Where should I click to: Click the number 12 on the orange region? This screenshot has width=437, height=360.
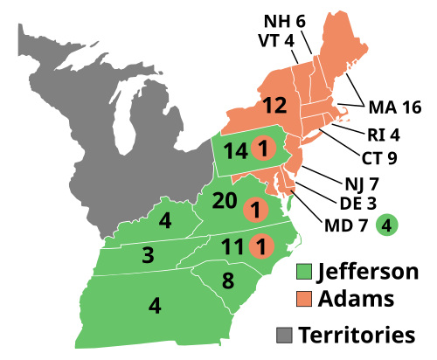pyautogui.click(x=274, y=107)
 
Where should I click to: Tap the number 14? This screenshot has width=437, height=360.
pyautogui.click(x=234, y=151)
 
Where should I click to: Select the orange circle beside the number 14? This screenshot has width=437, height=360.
pyautogui.click(x=261, y=149)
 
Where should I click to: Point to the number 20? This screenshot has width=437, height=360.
pyautogui.click(x=225, y=201)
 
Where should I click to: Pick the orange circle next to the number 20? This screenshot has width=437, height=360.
pyautogui.click(x=255, y=210)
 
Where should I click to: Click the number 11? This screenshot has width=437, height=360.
pyautogui.click(x=232, y=247)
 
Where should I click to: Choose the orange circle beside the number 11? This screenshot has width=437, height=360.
pyautogui.click(x=260, y=246)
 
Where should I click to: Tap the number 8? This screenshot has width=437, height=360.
pyautogui.click(x=227, y=281)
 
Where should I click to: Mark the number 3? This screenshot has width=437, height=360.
pyautogui.click(x=148, y=256)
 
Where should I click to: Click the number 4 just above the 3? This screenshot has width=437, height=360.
pyautogui.click(x=165, y=221)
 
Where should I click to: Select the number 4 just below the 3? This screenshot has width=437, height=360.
pyautogui.click(x=155, y=306)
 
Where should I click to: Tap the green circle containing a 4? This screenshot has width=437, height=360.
pyautogui.click(x=386, y=225)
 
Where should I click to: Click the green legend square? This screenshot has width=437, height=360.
pyautogui.click(x=304, y=271)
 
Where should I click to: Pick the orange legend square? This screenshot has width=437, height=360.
pyautogui.click(x=304, y=300)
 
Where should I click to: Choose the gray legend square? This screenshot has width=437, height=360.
pyautogui.click(x=284, y=335)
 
